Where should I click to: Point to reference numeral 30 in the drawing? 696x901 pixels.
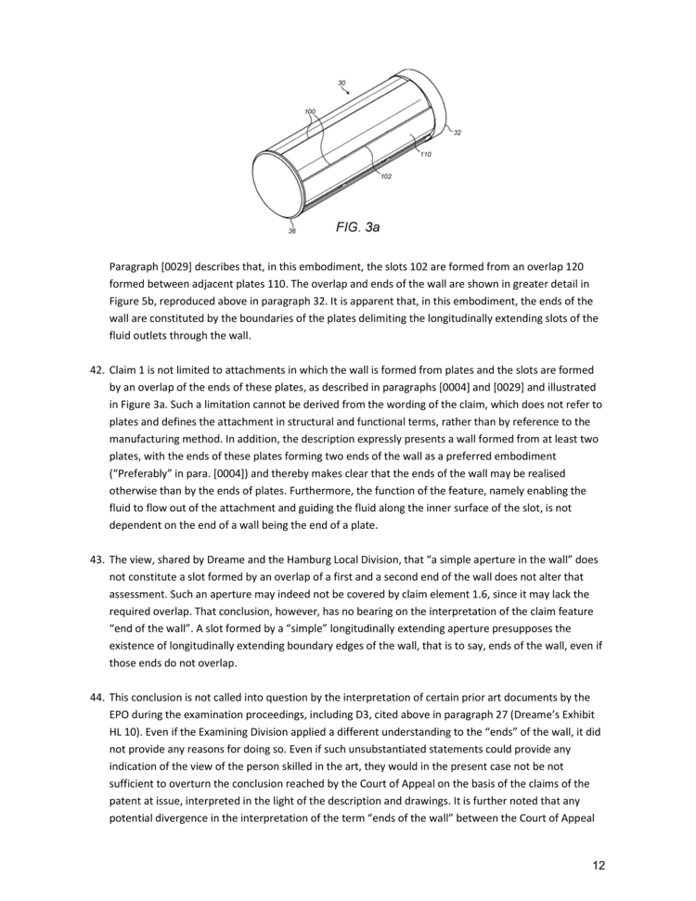click(342, 84)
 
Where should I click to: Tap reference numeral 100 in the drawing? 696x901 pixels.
click(310, 111)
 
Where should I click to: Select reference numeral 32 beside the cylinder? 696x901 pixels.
click(457, 133)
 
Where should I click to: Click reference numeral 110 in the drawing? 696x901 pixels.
click(425, 154)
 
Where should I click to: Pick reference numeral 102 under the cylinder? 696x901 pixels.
click(385, 176)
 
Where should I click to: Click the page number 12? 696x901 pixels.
click(599, 866)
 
